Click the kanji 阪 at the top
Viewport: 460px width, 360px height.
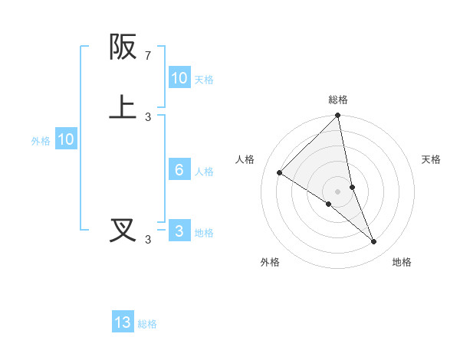(x=124, y=47)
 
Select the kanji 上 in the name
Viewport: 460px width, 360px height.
(x=124, y=107)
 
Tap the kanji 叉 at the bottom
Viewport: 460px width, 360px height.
(x=124, y=230)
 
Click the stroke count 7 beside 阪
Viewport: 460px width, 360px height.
(x=148, y=56)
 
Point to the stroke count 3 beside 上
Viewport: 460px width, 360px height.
(x=148, y=116)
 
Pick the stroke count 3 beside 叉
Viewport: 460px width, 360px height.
(x=148, y=240)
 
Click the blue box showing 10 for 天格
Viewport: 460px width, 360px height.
(x=179, y=77)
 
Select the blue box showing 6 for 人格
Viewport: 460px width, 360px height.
(x=179, y=170)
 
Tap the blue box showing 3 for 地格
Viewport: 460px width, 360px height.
(x=179, y=232)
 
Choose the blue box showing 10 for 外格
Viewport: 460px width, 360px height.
(x=65, y=139)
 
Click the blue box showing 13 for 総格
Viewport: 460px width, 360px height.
(x=123, y=322)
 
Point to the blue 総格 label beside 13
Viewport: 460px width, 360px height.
(x=147, y=324)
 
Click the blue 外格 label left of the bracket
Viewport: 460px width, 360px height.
(x=40, y=141)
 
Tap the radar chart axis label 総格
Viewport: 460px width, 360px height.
(x=338, y=100)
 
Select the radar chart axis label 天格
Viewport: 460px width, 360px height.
(x=432, y=159)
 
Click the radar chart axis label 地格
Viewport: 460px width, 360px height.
(x=402, y=262)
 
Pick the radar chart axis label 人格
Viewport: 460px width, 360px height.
(x=245, y=159)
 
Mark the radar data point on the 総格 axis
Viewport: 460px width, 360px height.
(x=338, y=116)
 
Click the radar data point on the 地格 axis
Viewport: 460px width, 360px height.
(x=374, y=241)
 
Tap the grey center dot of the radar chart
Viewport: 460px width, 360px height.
(x=338, y=191)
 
